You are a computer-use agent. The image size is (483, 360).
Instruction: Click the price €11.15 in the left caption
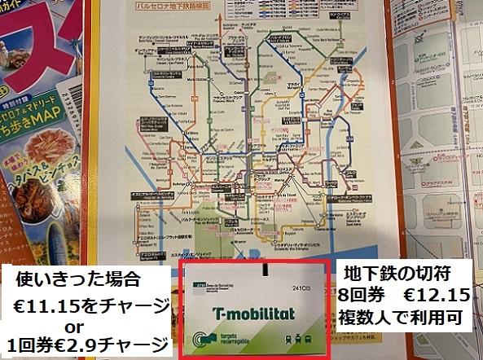66,305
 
